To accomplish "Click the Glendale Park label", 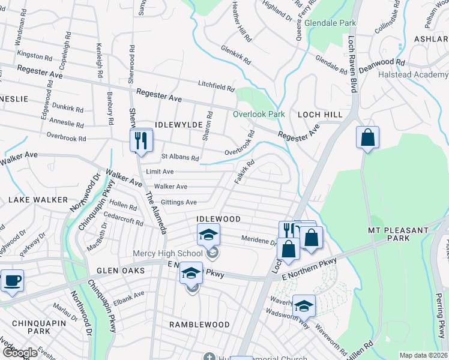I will click(330, 23).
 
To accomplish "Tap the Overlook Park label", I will click(259, 114).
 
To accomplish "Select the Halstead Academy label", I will click(413, 75).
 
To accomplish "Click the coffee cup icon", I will click(11, 281).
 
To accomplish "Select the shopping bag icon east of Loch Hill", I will click(367, 137).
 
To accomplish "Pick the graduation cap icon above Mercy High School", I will click(208, 235).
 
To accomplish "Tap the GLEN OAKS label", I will click(121, 271).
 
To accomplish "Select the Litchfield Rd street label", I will click(217, 87).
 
